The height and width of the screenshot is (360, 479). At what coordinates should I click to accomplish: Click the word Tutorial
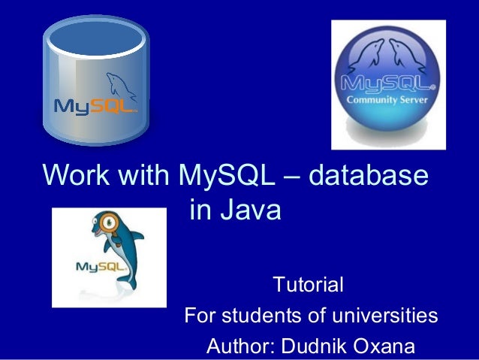tap(309, 286)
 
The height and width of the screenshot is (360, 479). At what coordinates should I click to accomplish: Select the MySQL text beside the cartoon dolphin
tap(95, 266)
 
